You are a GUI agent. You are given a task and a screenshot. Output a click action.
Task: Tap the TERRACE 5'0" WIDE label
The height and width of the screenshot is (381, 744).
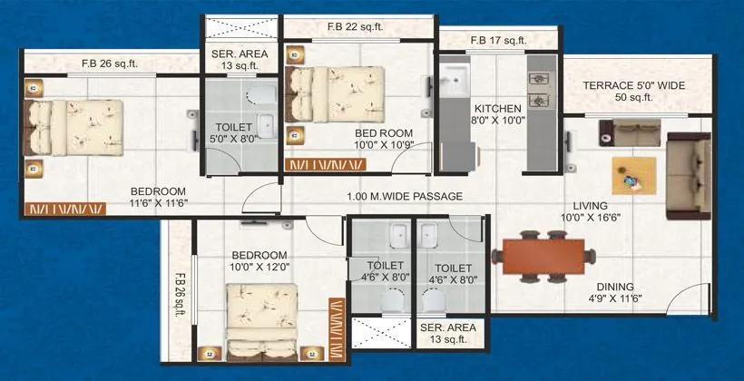[x=633, y=92]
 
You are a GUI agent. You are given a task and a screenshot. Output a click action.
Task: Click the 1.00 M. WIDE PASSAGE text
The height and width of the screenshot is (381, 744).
[x=405, y=197]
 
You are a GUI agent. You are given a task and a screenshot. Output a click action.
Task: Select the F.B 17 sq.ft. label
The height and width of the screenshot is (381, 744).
[x=498, y=40]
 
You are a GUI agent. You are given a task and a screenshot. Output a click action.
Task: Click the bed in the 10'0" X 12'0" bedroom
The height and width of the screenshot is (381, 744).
[x=262, y=317]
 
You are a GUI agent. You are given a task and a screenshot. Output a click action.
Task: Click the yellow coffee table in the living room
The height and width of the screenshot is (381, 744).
[x=632, y=175]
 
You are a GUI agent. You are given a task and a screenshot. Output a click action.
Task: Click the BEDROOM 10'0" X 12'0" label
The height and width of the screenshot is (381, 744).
[x=259, y=261]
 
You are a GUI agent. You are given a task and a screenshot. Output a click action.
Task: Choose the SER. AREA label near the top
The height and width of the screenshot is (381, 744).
[x=234, y=58]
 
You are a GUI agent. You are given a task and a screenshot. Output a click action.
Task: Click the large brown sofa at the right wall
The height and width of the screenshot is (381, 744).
[x=689, y=175]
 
